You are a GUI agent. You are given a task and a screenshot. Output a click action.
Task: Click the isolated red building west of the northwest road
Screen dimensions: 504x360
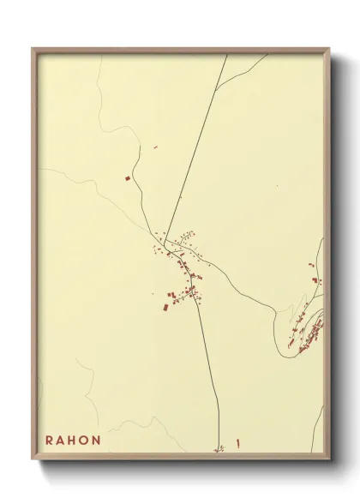[x=128, y=178]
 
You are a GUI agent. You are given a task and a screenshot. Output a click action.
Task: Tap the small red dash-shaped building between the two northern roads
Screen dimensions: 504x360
[x=155, y=147]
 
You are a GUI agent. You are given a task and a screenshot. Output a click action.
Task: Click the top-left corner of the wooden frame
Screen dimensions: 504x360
[x=33, y=49]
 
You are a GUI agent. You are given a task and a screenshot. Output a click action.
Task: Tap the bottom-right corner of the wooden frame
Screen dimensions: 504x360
[x=328, y=459]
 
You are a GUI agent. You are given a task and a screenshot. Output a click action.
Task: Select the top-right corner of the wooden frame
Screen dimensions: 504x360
[x=328, y=49]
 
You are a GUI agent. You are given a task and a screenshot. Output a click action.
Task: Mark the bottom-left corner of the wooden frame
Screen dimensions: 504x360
[x=33, y=459]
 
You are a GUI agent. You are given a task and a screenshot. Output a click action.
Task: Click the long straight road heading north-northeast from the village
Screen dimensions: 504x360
[x=193, y=154]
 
